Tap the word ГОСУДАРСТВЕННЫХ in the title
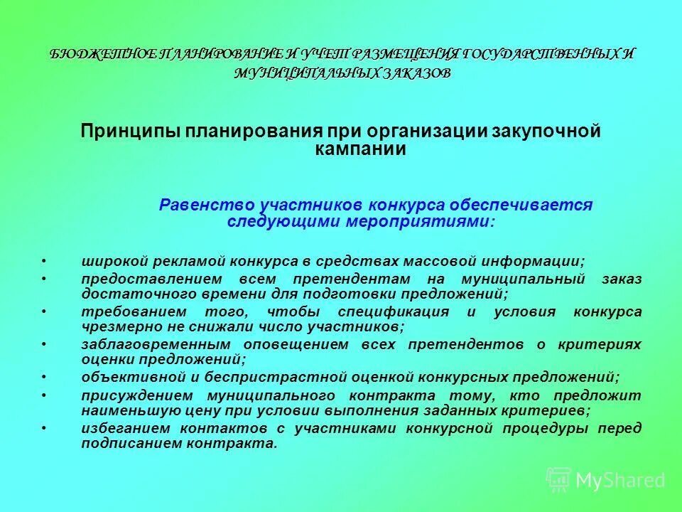click(x=539, y=55)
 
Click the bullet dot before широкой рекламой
click(x=44, y=262)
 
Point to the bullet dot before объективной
click(x=44, y=377)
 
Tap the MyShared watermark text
click(x=620, y=481)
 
